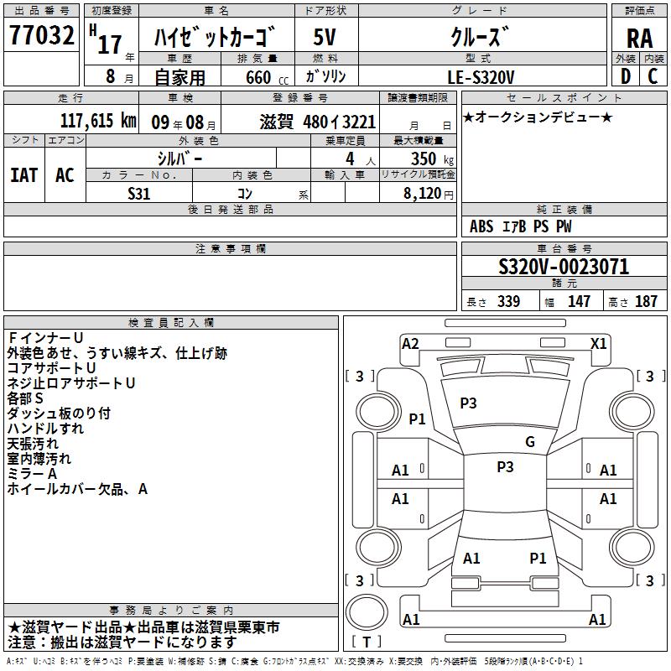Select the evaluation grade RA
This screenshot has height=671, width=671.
pyautogui.click(x=640, y=39)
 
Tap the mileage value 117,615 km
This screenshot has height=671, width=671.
pyautogui.click(x=98, y=122)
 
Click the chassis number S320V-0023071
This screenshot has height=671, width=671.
pyautogui.click(x=564, y=268)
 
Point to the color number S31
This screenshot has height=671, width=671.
pyautogui.click(x=139, y=194)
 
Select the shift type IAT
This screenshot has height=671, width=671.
pyautogui.click(x=23, y=175)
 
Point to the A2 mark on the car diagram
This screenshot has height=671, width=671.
pyautogui.click(x=410, y=343)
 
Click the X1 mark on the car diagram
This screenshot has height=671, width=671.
pyautogui.click(x=599, y=343)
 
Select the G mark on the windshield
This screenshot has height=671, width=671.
pyautogui.click(x=529, y=442)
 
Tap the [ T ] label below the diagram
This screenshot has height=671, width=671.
pyautogui.click(x=367, y=642)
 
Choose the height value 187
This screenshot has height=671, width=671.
pyautogui.click(x=646, y=302)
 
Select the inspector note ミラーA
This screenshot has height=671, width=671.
pyautogui.click(x=32, y=474)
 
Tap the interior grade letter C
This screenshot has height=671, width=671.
pyautogui.click(x=653, y=76)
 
